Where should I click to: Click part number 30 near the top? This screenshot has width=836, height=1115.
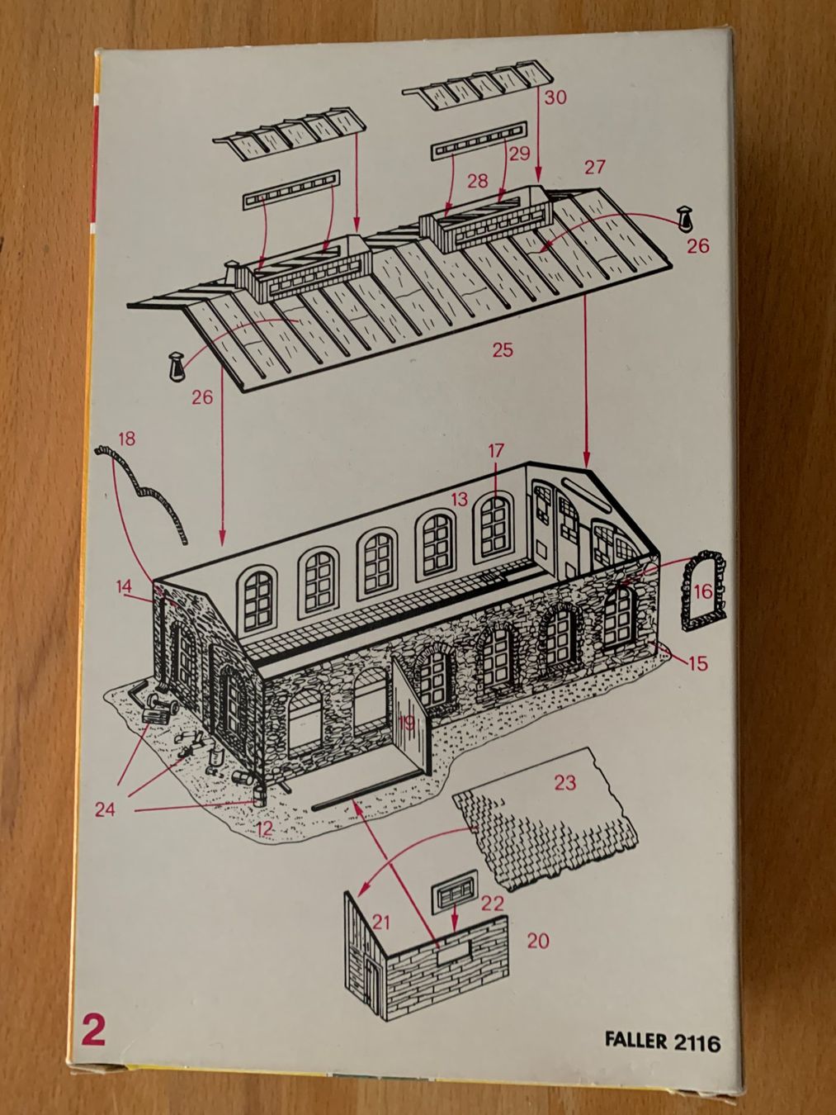[555, 97]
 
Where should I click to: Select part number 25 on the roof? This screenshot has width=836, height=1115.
[502, 350]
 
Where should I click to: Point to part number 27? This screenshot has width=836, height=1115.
[595, 168]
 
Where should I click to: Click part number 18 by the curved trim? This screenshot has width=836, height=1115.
[127, 439]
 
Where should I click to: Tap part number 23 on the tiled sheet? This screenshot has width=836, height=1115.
[565, 783]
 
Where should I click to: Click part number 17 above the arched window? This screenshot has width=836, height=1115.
[496, 450]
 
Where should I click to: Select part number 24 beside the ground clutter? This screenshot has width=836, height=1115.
[105, 809]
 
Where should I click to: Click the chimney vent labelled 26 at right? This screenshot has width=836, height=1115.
[686, 219]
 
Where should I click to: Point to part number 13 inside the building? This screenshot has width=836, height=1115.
[459, 500]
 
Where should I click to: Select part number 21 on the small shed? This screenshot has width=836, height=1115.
[381, 922]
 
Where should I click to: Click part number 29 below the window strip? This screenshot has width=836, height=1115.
[519, 154]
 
